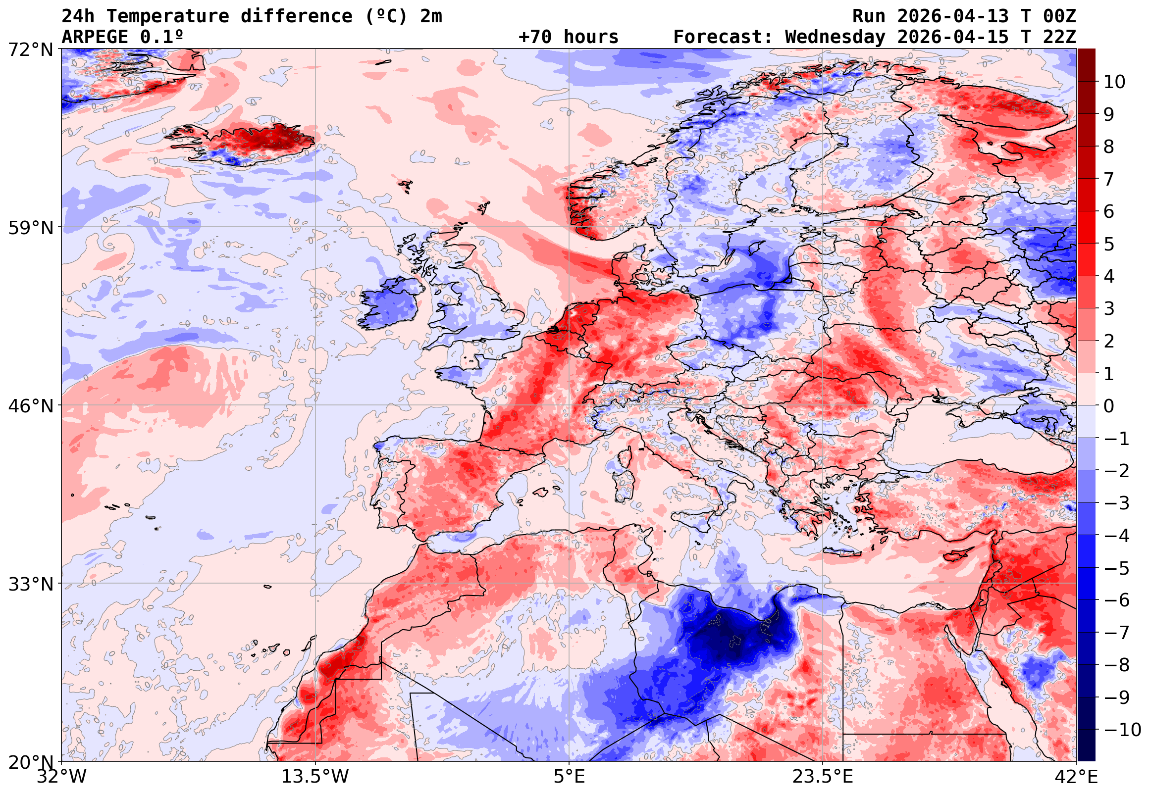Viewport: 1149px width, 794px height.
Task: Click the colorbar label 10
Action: click(x=1114, y=82)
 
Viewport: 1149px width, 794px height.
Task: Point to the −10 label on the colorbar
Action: click(x=1122, y=730)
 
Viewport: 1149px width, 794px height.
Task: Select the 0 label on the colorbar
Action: click(x=1109, y=406)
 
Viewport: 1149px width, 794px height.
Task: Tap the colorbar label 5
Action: click(x=1109, y=244)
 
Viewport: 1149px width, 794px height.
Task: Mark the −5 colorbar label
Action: click(x=1117, y=568)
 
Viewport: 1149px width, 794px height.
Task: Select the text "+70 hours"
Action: click(x=568, y=37)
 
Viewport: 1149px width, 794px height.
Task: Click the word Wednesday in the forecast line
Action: click(x=836, y=37)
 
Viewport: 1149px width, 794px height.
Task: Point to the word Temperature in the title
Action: click(x=168, y=16)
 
